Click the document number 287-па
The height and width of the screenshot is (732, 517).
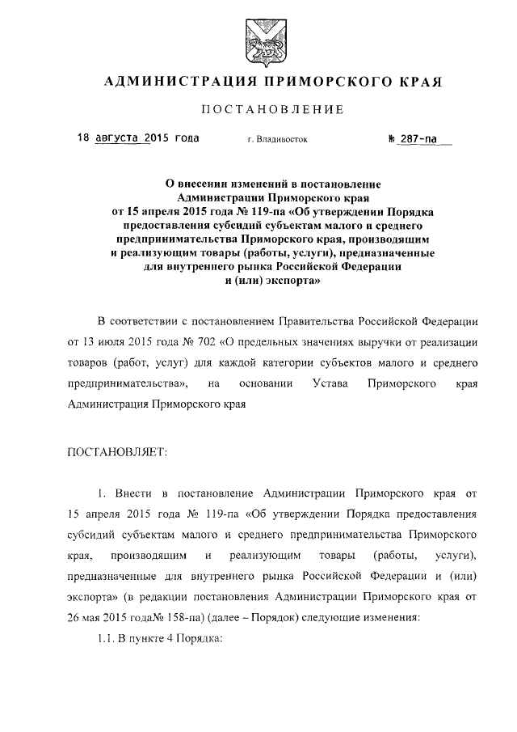coord(420,138)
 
